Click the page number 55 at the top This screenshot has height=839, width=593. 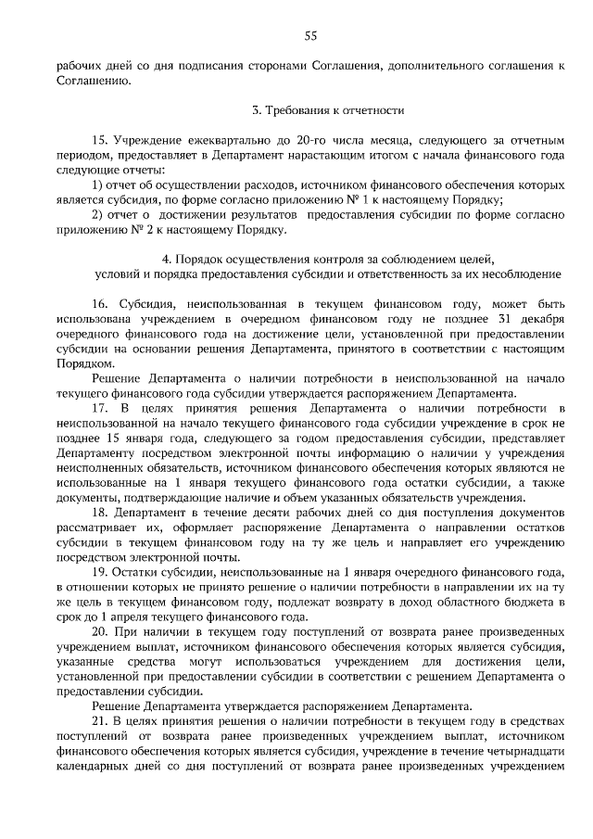(x=310, y=36)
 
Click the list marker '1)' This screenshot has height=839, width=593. (x=97, y=185)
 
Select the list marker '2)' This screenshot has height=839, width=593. (x=97, y=214)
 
